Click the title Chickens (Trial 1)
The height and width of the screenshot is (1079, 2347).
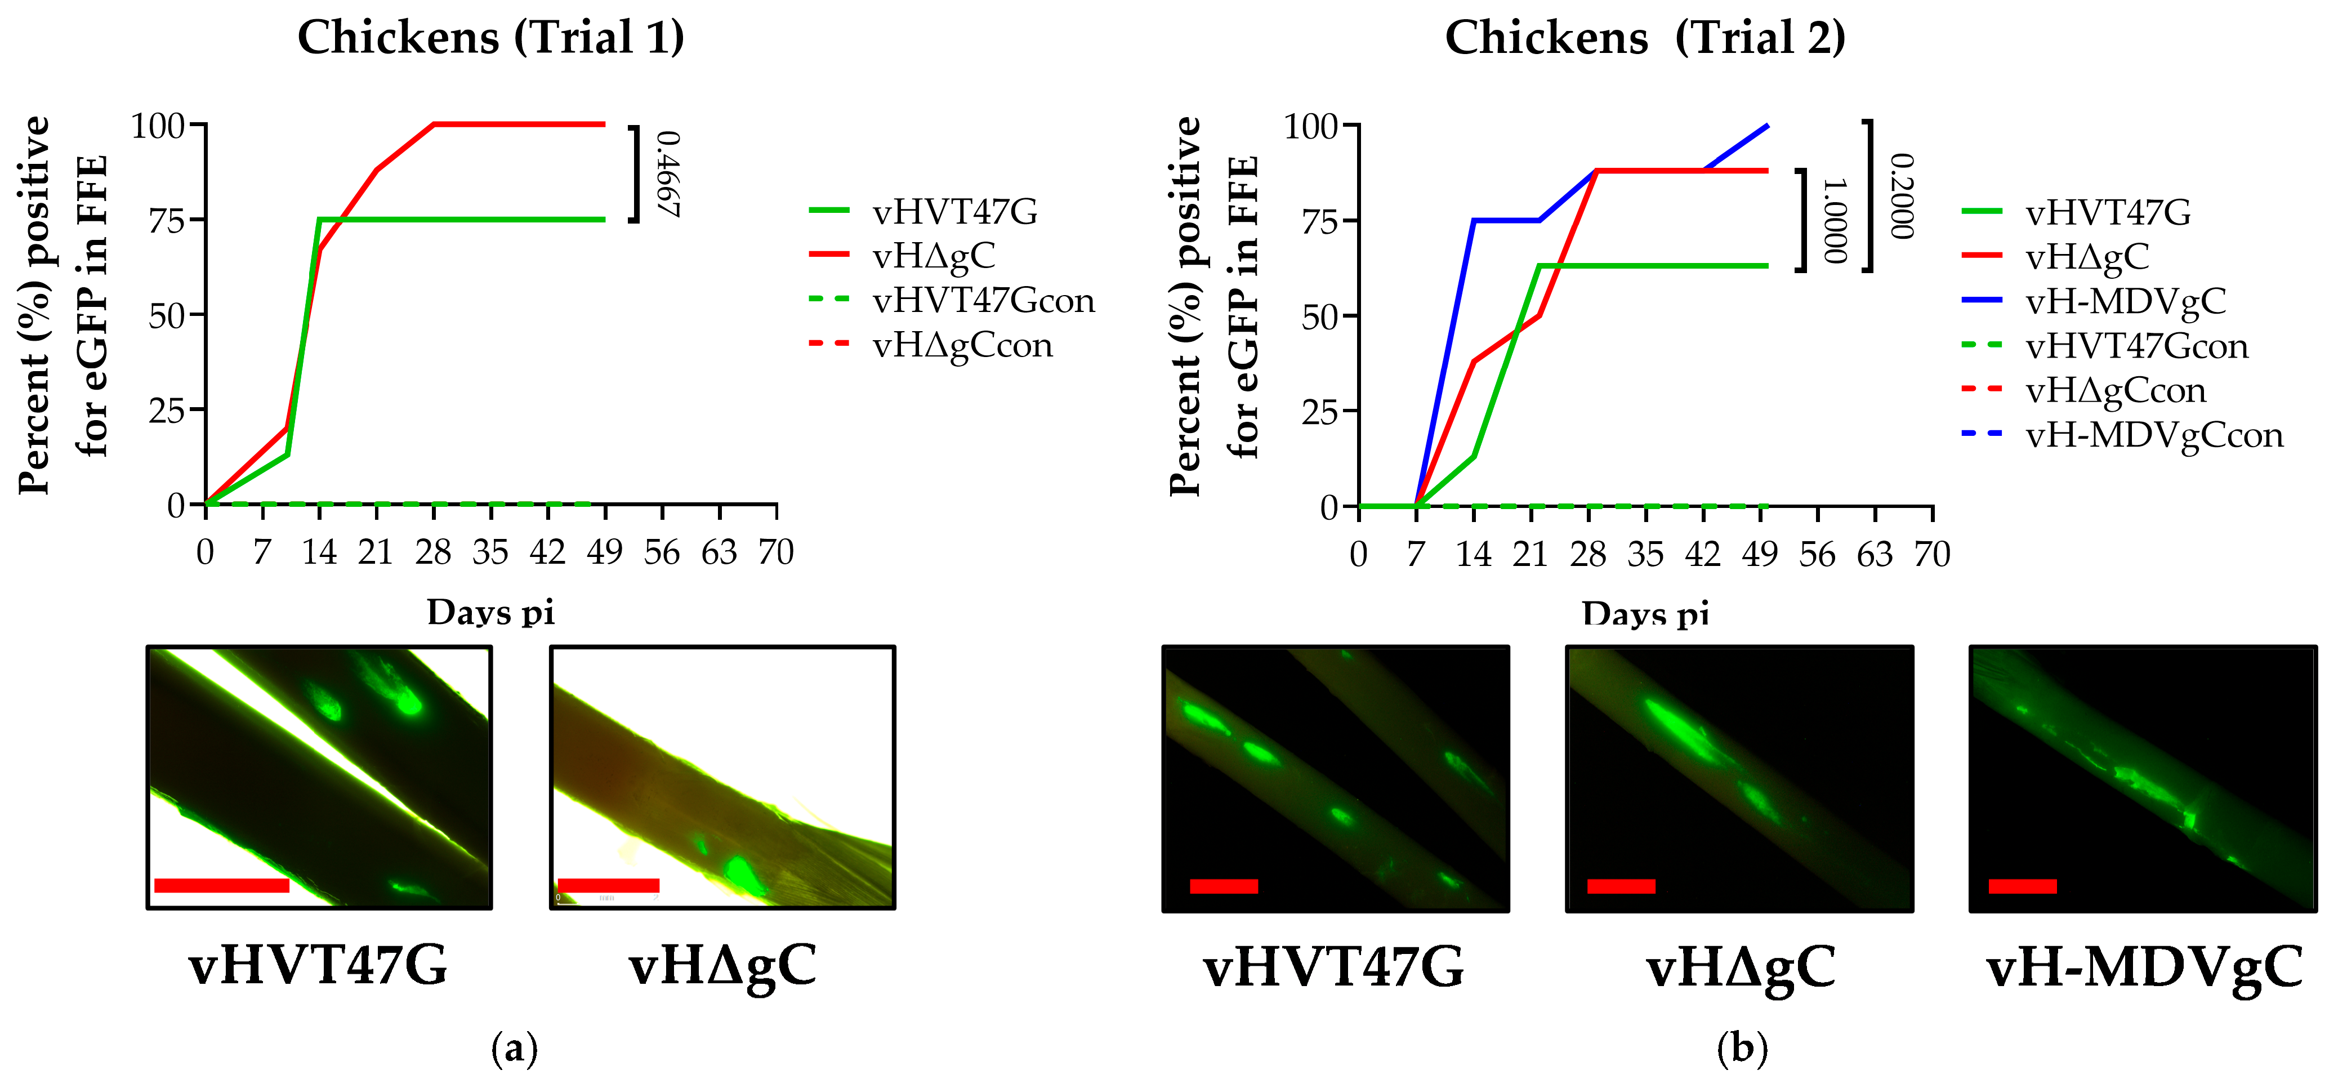pos(491,38)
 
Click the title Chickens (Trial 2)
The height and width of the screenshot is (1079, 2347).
pos(1645,38)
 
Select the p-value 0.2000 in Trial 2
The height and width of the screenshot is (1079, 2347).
pos(1902,196)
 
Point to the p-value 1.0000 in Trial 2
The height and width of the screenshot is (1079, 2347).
pos(1834,221)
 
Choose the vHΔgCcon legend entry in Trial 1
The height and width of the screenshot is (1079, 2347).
pos(962,345)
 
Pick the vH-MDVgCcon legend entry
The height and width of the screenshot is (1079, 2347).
pos(2154,435)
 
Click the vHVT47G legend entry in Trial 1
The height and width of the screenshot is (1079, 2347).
pos(954,211)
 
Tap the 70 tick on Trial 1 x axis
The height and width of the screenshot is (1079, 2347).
pos(777,552)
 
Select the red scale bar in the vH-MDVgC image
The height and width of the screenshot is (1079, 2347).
pos(2023,886)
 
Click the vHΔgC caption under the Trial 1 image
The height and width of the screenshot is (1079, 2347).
pos(722,966)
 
